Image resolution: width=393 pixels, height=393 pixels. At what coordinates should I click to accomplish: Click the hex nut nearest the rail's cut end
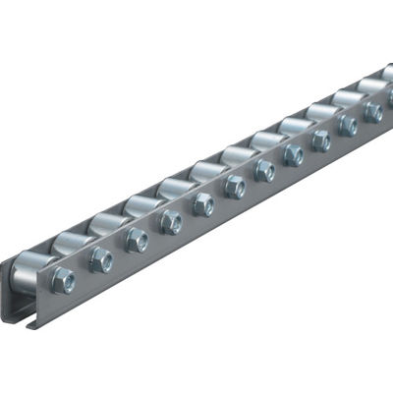pos(63,279)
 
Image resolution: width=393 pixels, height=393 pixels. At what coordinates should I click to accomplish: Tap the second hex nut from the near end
pos(100,259)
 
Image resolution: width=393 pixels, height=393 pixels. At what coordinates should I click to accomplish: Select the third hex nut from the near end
pos(137,240)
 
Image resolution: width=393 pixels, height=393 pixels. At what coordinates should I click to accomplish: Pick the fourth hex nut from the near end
pos(171,221)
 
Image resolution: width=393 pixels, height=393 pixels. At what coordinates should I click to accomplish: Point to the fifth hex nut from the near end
pos(203,203)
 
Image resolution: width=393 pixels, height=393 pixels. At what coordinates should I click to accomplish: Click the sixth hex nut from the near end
pos(235,187)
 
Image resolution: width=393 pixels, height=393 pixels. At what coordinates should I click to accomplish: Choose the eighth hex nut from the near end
pos(293,155)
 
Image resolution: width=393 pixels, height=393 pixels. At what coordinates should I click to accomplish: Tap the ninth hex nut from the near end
pos(321,140)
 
